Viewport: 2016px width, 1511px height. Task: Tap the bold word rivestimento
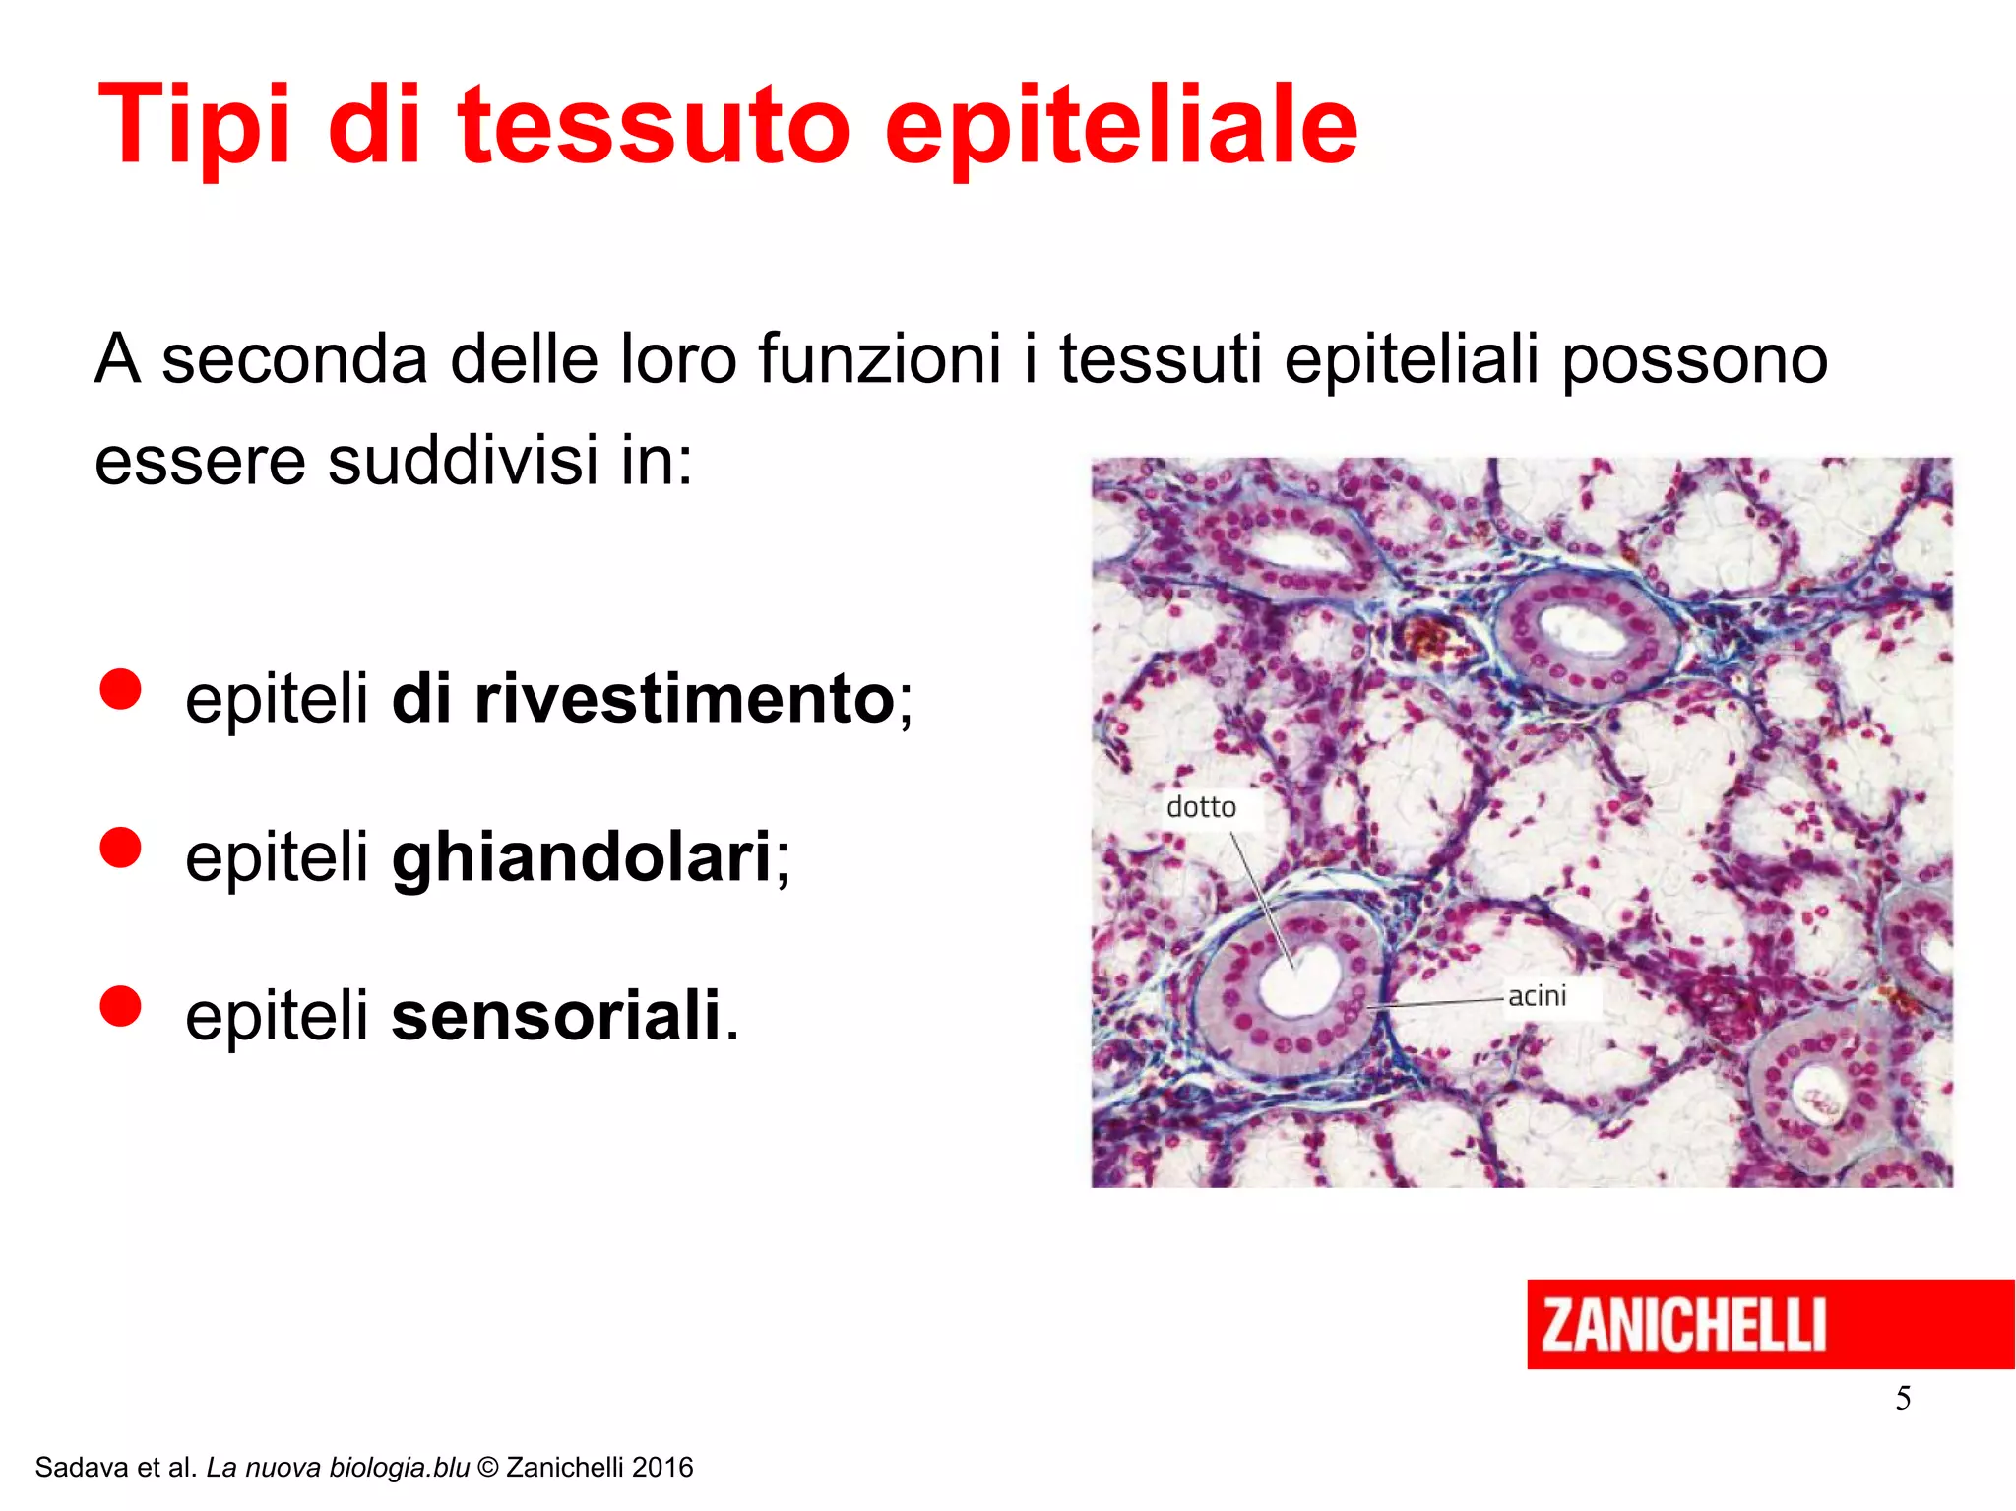683,698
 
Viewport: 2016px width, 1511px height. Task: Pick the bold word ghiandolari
581,857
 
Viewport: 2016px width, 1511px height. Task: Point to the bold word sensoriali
556,1015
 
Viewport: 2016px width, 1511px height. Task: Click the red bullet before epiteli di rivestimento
121,689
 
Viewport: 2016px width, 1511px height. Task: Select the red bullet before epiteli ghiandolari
121,848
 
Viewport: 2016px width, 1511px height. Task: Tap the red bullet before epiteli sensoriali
121,1006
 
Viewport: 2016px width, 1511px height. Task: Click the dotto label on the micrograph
1201,807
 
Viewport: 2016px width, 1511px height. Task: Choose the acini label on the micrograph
1537,996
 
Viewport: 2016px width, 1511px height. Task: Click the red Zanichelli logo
1770,1324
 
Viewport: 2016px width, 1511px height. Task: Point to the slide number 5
1903,1398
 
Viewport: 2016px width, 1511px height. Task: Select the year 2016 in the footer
662,1468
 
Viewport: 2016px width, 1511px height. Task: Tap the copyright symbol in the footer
487,1468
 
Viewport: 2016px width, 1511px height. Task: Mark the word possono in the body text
1695,358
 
